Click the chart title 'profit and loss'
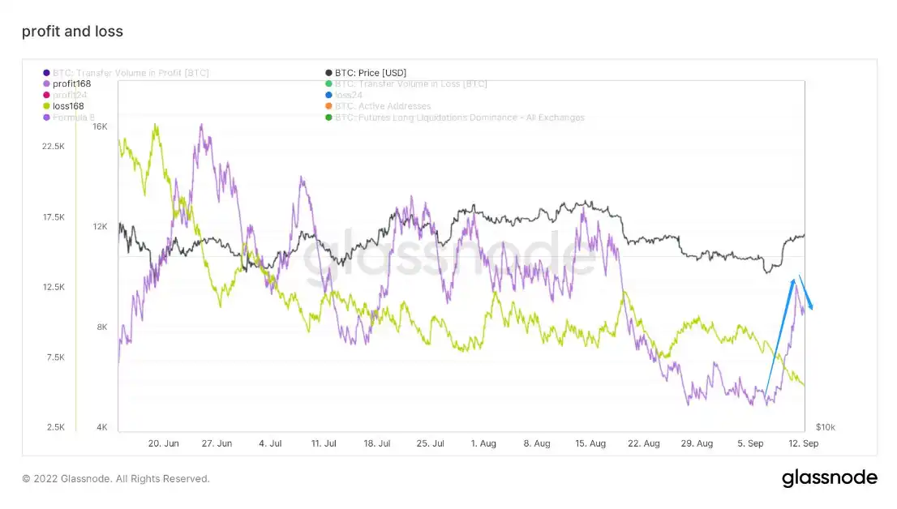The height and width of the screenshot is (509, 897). (x=72, y=32)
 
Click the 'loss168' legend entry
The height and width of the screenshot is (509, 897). (x=67, y=106)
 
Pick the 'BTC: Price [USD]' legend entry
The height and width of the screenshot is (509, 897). (x=370, y=73)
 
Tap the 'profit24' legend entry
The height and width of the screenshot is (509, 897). (x=69, y=95)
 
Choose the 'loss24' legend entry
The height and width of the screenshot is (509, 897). (x=353, y=95)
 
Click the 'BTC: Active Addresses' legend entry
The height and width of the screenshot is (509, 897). (x=382, y=106)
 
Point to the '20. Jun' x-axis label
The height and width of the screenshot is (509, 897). (x=164, y=443)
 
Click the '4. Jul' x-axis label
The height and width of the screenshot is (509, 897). (x=270, y=443)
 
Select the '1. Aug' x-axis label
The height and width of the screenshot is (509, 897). (x=483, y=443)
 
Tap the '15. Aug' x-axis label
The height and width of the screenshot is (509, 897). (x=590, y=443)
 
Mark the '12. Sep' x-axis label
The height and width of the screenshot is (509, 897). (x=803, y=443)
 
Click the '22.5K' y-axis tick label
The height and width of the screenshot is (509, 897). (x=53, y=146)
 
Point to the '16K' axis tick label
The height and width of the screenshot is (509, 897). (x=100, y=126)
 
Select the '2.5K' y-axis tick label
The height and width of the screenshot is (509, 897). (x=56, y=427)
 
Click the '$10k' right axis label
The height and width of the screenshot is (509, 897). (x=825, y=427)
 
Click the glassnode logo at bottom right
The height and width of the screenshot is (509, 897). (x=829, y=478)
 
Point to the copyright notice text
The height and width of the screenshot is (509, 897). (x=116, y=479)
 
